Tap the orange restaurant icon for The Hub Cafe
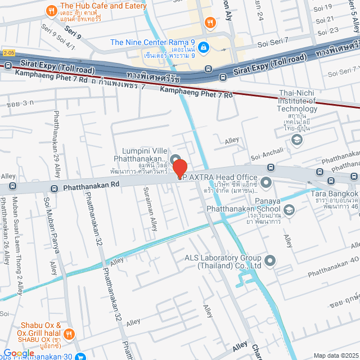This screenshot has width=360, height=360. click(51, 10)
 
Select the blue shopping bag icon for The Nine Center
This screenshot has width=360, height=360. click(204, 47)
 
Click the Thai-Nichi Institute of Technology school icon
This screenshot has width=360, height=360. click(297, 140)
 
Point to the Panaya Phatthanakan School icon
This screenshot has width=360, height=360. click(289, 210)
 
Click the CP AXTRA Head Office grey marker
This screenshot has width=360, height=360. click(266, 182)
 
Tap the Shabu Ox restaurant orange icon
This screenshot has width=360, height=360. click(70, 334)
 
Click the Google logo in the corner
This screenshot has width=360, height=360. click(19, 353)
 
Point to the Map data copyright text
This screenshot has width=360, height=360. click(335, 355)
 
